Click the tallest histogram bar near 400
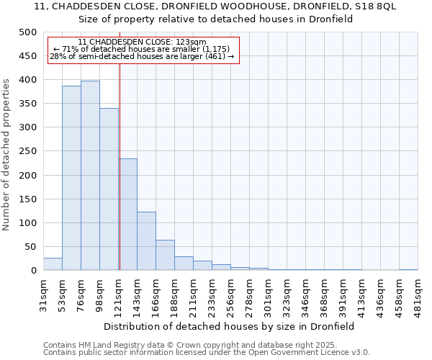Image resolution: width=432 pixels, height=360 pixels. click(x=90, y=176)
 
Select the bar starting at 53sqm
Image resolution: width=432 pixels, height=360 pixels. click(x=71, y=178)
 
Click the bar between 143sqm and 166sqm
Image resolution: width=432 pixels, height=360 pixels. click(x=146, y=241)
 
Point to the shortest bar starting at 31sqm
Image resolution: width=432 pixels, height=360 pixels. click(x=53, y=264)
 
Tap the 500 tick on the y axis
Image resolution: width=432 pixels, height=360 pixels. click(x=28, y=32)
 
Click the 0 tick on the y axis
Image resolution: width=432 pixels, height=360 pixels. click(x=33, y=271)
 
